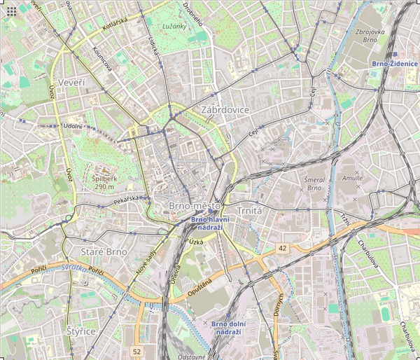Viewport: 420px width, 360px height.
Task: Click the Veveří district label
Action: [71, 83]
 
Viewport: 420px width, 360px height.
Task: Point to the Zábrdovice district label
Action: [225, 111]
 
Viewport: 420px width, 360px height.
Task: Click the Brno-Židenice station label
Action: [395, 64]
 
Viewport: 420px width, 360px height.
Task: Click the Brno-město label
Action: [195, 207]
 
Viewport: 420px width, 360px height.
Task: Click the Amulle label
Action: [352, 178]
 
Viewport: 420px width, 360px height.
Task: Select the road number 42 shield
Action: [282, 248]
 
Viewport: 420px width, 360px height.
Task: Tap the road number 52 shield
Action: [136, 350]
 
